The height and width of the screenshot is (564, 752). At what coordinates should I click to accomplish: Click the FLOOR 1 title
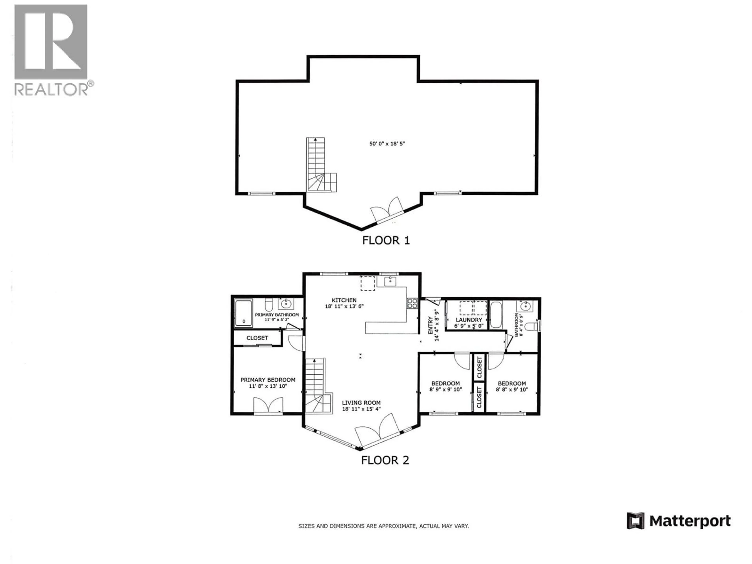386,240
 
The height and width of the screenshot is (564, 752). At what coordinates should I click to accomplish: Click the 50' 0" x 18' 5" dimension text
387,144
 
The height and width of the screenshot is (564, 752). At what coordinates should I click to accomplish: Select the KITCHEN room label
344,300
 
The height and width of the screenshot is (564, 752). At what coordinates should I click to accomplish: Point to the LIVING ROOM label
361,402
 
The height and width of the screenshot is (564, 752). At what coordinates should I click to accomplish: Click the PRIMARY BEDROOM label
268,380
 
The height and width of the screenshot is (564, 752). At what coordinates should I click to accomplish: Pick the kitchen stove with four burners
412,303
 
